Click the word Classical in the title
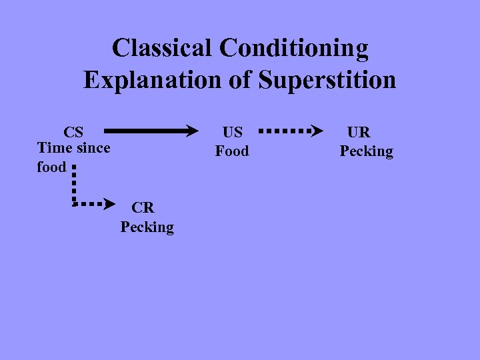click(162, 48)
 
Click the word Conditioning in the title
click(293, 49)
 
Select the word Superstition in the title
click(327, 81)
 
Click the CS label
click(73, 131)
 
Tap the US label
click(232, 131)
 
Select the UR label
click(358, 131)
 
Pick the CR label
click(143, 207)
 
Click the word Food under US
click(231, 151)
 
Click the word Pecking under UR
click(366, 151)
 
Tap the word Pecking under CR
click(147, 227)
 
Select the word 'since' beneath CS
click(93, 147)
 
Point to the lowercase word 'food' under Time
click(51, 167)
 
